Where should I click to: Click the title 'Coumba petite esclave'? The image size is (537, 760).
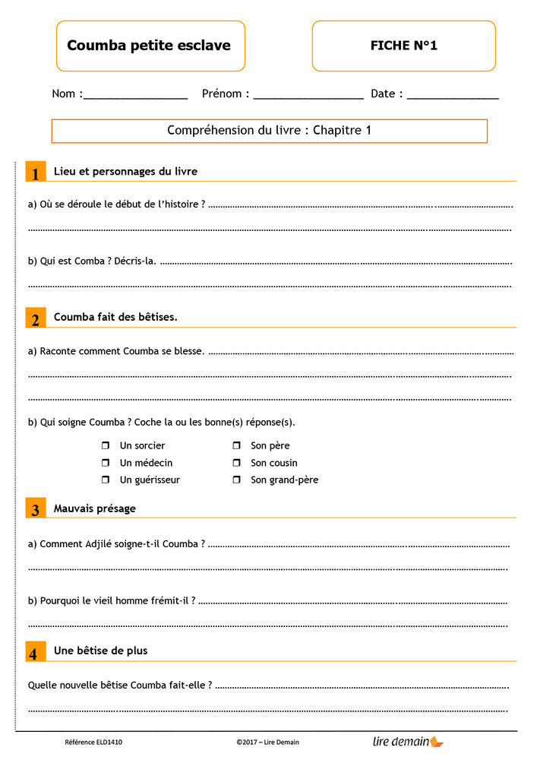pos(149,46)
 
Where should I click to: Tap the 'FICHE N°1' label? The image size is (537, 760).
pos(403,46)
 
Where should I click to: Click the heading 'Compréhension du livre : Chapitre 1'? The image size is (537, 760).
pos(269,131)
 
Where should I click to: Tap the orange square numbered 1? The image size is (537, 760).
pos(36,173)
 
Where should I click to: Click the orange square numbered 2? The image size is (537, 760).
pos(36,318)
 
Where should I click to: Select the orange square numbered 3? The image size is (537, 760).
pos(36,509)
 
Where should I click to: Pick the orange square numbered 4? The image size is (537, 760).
pos(36,652)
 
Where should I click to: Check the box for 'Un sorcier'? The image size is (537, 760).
pos(106,445)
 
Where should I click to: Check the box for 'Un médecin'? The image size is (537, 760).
pos(106,463)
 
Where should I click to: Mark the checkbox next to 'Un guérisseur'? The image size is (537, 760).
pos(106,480)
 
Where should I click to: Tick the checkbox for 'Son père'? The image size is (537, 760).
pos(236,445)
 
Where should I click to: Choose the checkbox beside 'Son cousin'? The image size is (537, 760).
pos(236,463)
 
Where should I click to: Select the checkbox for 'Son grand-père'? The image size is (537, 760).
pos(236,480)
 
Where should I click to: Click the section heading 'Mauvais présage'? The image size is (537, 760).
pos(94,508)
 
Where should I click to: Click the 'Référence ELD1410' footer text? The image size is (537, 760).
pos(93,742)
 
